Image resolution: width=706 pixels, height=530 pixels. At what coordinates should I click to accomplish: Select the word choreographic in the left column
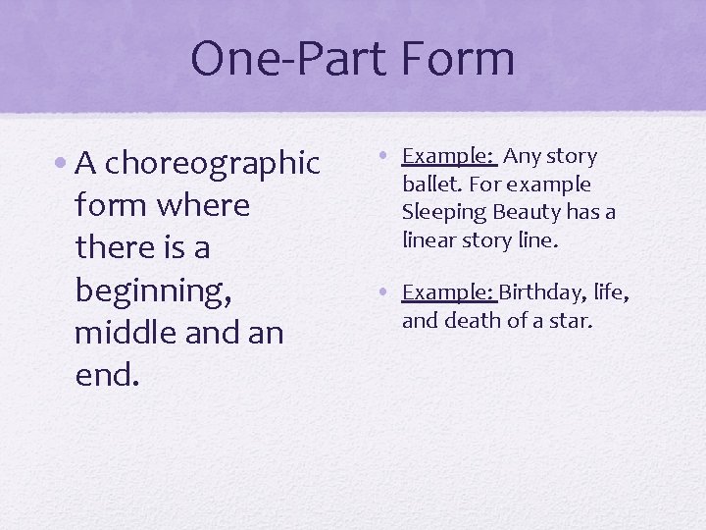[x=213, y=164]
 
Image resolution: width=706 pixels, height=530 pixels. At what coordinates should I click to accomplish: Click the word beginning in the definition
[x=149, y=291]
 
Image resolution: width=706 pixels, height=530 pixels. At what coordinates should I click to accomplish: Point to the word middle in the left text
[x=120, y=333]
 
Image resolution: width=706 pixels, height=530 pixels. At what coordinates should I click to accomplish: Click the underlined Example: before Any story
[x=448, y=157]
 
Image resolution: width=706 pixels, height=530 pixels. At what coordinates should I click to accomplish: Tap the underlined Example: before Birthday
[x=448, y=292]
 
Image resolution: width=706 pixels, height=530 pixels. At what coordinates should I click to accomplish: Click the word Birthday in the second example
[x=537, y=292]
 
